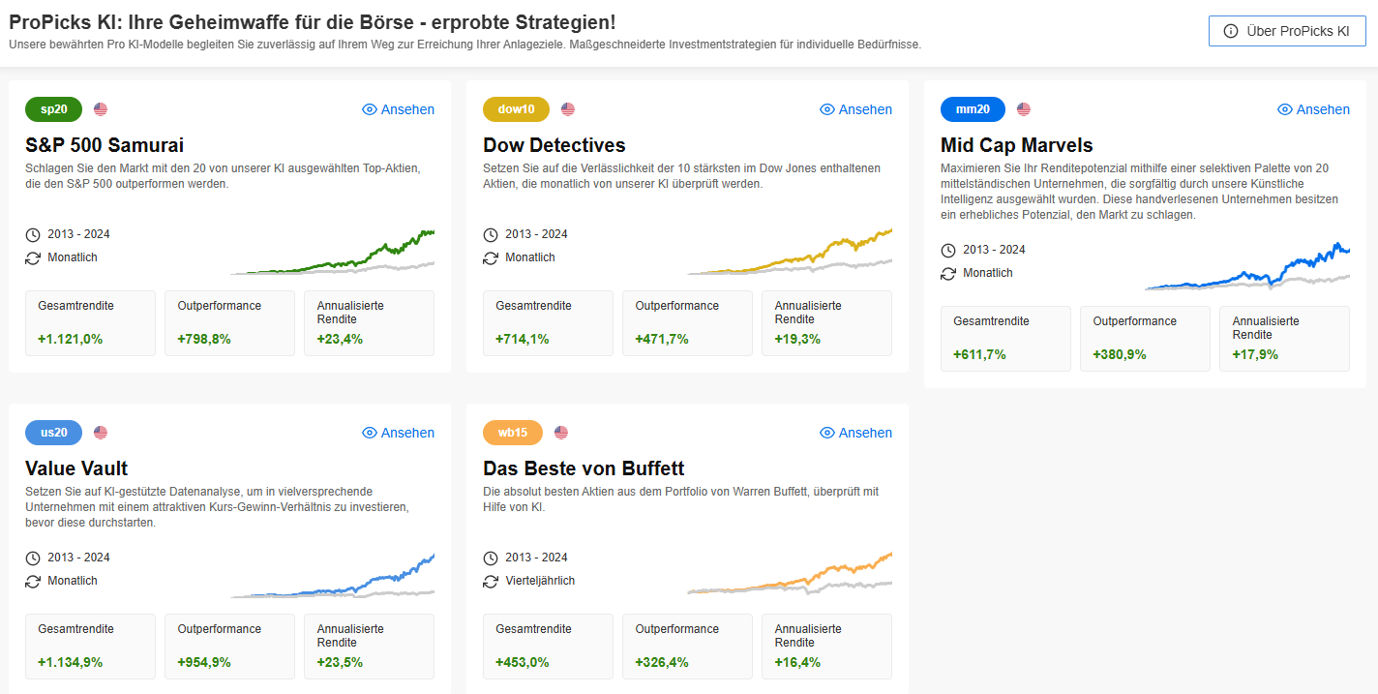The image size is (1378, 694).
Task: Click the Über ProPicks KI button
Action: click(x=1286, y=31)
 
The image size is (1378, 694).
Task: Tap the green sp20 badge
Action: click(x=53, y=109)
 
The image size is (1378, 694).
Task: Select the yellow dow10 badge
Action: click(x=516, y=109)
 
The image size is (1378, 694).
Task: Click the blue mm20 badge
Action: click(x=973, y=109)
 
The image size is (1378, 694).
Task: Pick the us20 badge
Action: click(x=53, y=433)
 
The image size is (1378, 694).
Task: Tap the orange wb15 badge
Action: click(x=513, y=433)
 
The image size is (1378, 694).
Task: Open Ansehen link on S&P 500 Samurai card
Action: click(x=398, y=109)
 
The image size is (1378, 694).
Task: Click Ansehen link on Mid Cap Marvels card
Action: click(x=1313, y=109)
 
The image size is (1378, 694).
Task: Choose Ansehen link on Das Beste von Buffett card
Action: click(x=855, y=433)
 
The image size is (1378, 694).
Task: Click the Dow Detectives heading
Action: click(x=554, y=145)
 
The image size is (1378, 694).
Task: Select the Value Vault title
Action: click(x=76, y=468)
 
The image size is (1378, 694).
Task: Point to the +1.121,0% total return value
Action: click(x=71, y=339)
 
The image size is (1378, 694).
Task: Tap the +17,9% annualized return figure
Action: click(x=1255, y=354)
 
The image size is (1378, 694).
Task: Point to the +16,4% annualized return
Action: click(x=797, y=662)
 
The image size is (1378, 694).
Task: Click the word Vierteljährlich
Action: click(x=540, y=581)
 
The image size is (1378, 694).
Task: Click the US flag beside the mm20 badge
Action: click(x=1024, y=109)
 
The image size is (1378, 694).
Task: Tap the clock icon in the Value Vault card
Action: click(x=33, y=558)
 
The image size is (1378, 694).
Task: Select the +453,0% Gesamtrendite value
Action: click(x=523, y=662)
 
